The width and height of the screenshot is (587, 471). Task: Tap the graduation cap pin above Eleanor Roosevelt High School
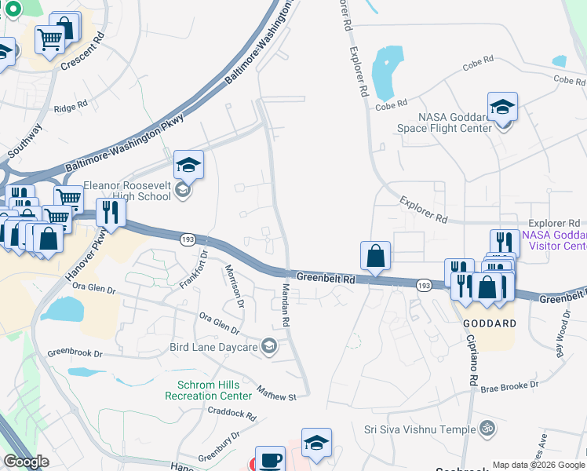[188, 165]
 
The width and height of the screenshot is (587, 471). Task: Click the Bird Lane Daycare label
[213, 347]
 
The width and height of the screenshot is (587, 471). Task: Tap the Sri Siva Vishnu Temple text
[420, 429]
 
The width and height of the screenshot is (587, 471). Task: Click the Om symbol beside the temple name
[487, 429]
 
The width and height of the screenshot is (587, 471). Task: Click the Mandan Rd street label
[286, 307]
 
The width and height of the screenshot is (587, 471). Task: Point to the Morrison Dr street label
[235, 287]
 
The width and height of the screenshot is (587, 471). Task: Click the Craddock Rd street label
[232, 413]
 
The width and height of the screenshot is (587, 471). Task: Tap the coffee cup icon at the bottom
[272, 459]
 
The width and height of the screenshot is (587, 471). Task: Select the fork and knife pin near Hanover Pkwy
[111, 213]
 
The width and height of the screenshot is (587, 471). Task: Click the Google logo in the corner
[26, 462]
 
